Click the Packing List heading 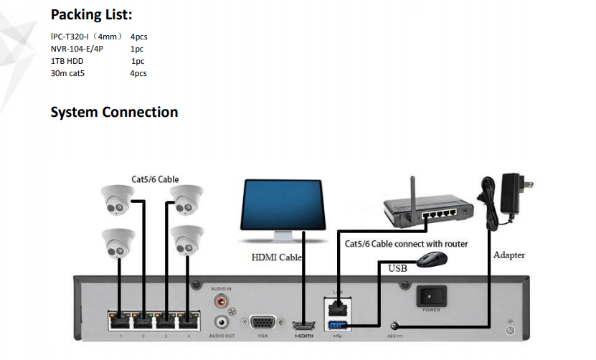click(x=91, y=15)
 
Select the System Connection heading click(x=114, y=113)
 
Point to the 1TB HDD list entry click(x=67, y=61)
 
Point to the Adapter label click(x=509, y=255)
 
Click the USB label click(x=397, y=269)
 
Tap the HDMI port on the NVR click(x=304, y=325)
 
